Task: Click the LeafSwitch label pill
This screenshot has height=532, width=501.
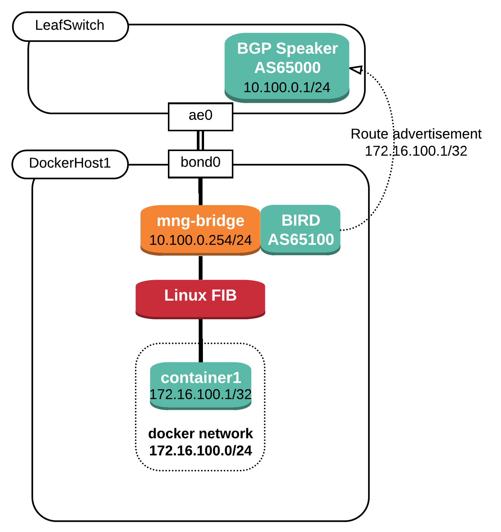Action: [70, 26]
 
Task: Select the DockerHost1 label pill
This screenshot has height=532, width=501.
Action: [70, 164]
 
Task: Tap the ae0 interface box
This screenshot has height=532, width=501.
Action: [200, 116]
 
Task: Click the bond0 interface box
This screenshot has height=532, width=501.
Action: [200, 163]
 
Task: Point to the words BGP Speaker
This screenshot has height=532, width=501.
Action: [287, 49]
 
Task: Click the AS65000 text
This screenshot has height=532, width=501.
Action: [287, 68]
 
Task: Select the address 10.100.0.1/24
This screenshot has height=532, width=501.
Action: [287, 88]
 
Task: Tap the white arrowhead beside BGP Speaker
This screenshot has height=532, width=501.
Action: [357, 69]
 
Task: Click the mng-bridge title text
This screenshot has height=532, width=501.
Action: [200, 221]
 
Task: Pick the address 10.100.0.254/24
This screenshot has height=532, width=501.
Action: [200, 240]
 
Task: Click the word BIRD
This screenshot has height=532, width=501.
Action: [300, 220]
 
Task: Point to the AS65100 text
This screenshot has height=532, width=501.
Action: [301, 239]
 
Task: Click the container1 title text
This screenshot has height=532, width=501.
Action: [201, 377]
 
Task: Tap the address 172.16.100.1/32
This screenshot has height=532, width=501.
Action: [201, 394]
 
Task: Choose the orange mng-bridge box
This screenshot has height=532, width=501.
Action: [200, 230]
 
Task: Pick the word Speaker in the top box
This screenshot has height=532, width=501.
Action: [307, 49]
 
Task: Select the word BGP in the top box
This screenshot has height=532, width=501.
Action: [254, 49]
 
